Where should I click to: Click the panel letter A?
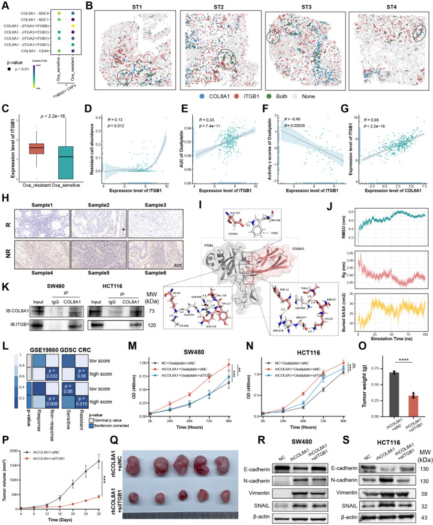point(5,6)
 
